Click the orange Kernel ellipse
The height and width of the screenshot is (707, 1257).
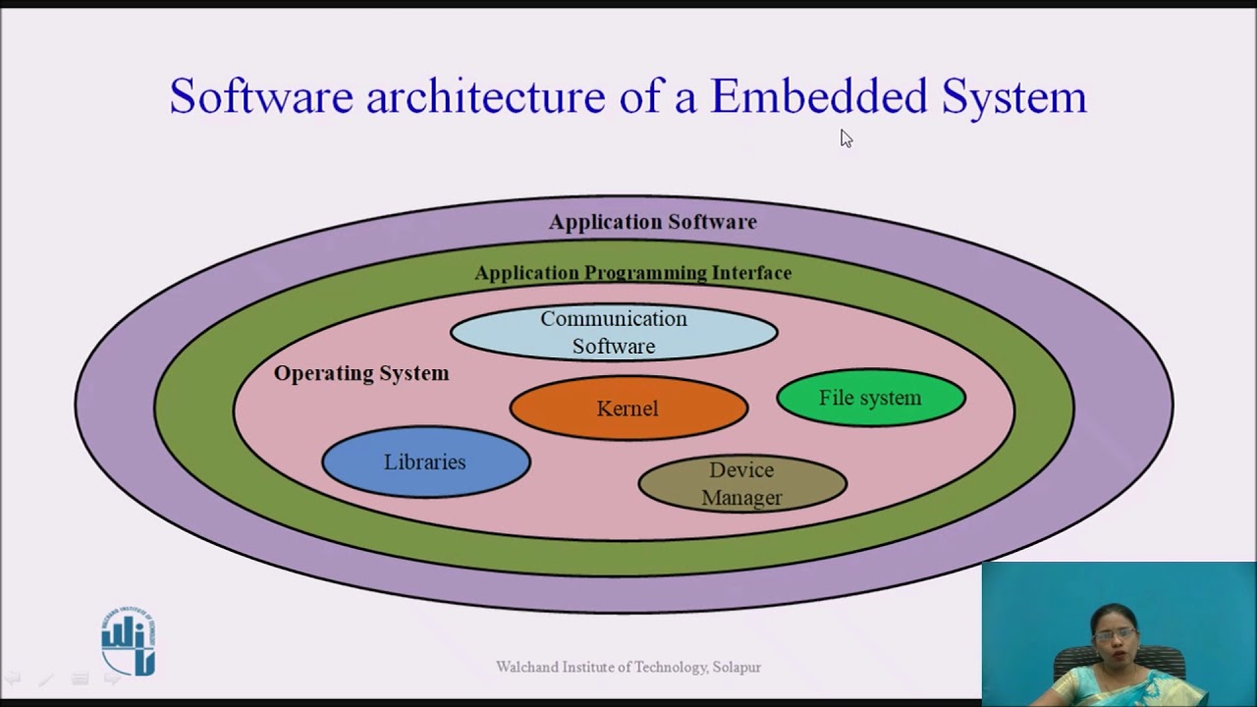pyautogui.click(x=628, y=408)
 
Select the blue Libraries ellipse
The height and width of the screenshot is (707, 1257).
pyautogui.click(x=425, y=462)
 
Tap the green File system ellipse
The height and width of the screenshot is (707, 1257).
pyautogui.click(x=870, y=398)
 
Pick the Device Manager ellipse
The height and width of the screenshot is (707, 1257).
pyautogui.click(x=741, y=483)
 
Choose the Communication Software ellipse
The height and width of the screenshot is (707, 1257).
pyautogui.click(x=614, y=332)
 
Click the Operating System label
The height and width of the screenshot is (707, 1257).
pyautogui.click(x=361, y=373)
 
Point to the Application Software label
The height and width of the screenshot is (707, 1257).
pyautogui.click(x=653, y=222)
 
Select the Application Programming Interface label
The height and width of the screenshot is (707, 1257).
pyautogui.click(x=633, y=273)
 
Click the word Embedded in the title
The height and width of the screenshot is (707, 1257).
pyautogui.click(x=818, y=96)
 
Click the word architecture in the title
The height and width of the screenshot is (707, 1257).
pyautogui.click(x=486, y=96)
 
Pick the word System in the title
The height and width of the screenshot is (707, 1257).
pyautogui.click(x=1013, y=96)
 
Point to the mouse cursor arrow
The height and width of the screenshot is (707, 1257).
pyautogui.click(x=846, y=138)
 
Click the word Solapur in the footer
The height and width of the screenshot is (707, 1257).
pyautogui.click(x=737, y=668)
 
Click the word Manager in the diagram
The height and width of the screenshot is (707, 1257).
pyautogui.click(x=741, y=498)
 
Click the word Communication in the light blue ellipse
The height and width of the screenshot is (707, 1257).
pyautogui.click(x=614, y=319)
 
